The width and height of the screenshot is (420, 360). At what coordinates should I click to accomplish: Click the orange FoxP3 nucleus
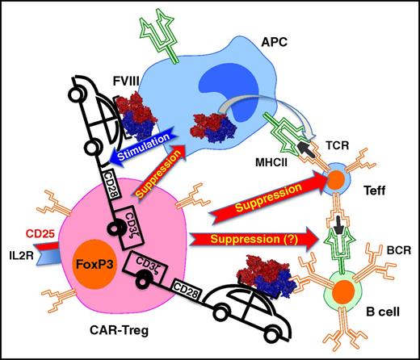tap(96, 263)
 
